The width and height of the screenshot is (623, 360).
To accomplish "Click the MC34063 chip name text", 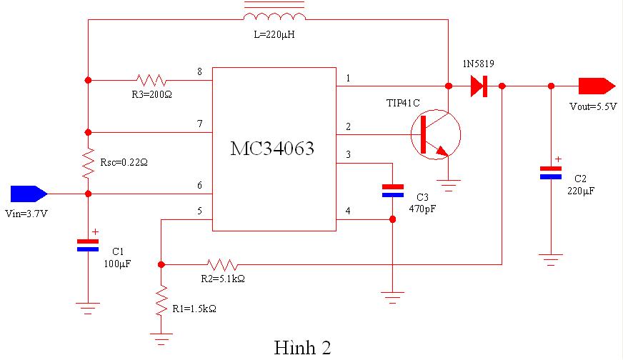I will (x=272, y=149).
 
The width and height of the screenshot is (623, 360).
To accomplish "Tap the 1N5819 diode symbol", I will (x=479, y=86).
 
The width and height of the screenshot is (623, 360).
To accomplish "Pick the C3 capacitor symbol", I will (x=392, y=190).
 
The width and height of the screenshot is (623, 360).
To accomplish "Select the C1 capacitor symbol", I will (x=88, y=245).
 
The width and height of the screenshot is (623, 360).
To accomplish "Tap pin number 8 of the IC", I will (x=199, y=71).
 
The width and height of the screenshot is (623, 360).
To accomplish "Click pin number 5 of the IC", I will (x=199, y=211).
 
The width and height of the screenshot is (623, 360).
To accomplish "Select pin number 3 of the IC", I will (x=348, y=154).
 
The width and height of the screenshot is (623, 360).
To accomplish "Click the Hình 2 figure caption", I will (x=302, y=347).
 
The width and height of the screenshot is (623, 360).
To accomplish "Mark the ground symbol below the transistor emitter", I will (x=449, y=186).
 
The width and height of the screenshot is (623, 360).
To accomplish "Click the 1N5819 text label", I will (x=478, y=64).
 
